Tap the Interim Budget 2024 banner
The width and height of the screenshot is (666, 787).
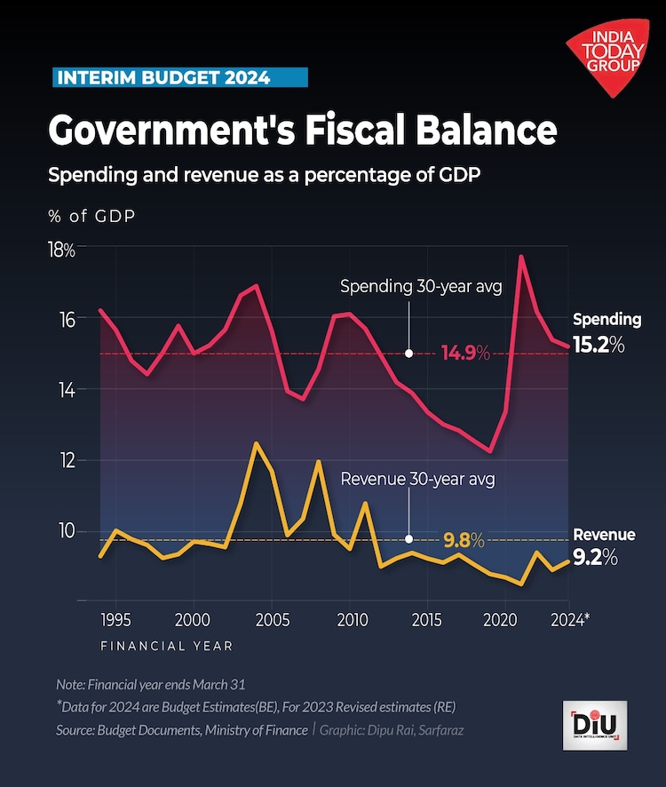click(177, 77)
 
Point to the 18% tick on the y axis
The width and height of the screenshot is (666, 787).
click(62, 250)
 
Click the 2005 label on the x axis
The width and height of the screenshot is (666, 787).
click(272, 619)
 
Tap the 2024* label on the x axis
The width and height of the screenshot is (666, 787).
click(567, 619)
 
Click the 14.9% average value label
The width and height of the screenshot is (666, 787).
click(465, 353)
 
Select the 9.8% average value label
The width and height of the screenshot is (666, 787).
click(464, 539)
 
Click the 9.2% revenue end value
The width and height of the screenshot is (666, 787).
click(596, 559)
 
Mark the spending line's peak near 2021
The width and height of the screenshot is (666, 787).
click(521, 257)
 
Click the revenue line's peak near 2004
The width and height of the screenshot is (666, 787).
click(256, 442)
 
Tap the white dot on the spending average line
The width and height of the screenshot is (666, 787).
click(408, 353)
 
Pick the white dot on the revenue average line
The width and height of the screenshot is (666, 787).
click(408, 539)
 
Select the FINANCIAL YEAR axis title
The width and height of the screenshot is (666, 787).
click(166, 646)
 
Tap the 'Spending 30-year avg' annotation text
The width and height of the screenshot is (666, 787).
click(422, 287)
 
